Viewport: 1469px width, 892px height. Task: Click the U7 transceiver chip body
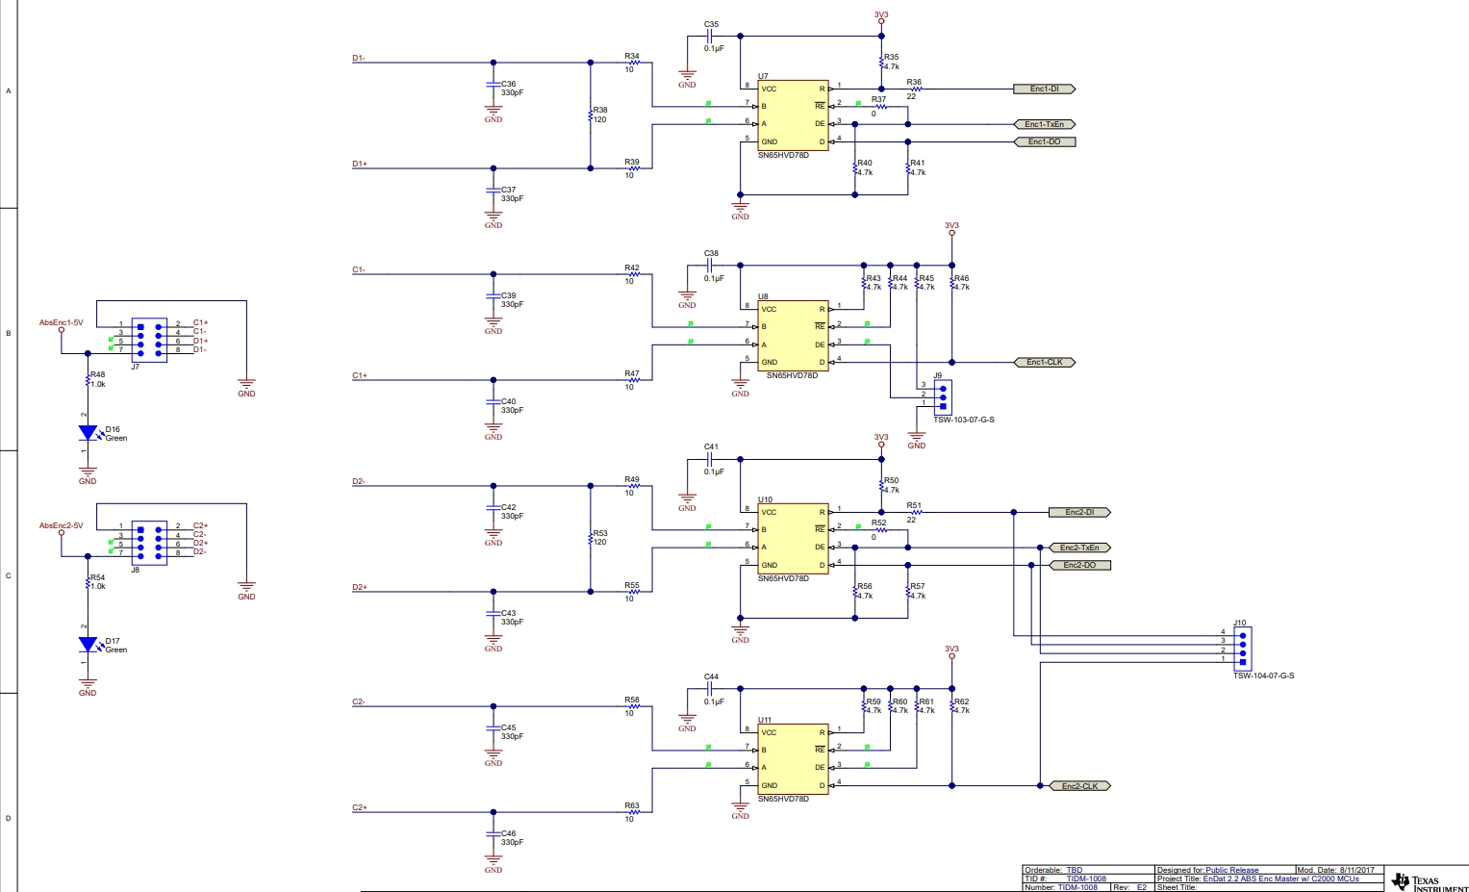(793, 115)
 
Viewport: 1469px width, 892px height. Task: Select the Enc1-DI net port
(1044, 89)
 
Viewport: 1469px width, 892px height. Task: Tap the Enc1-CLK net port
(1045, 363)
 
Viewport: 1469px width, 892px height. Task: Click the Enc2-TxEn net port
(1078, 548)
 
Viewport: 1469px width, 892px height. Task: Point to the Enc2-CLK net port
(1079, 786)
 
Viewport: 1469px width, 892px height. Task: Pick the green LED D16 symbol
(88, 433)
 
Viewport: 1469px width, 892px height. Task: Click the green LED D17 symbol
(88, 645)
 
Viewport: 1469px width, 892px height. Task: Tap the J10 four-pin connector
(1242, 648)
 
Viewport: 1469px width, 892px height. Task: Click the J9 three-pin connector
(943, 395)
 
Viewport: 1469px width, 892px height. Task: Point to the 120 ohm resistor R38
(591, 115)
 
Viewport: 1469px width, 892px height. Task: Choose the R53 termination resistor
(591, 539)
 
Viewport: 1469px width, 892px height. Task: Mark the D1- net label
(358, 59)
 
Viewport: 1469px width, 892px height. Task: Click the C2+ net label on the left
(359, 808)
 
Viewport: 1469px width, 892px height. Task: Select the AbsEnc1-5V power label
(61, 323)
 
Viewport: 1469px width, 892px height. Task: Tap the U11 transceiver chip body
(793, 759)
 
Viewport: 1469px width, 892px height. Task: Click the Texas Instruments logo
(1429, 881)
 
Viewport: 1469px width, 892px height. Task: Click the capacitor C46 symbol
(494, 834)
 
